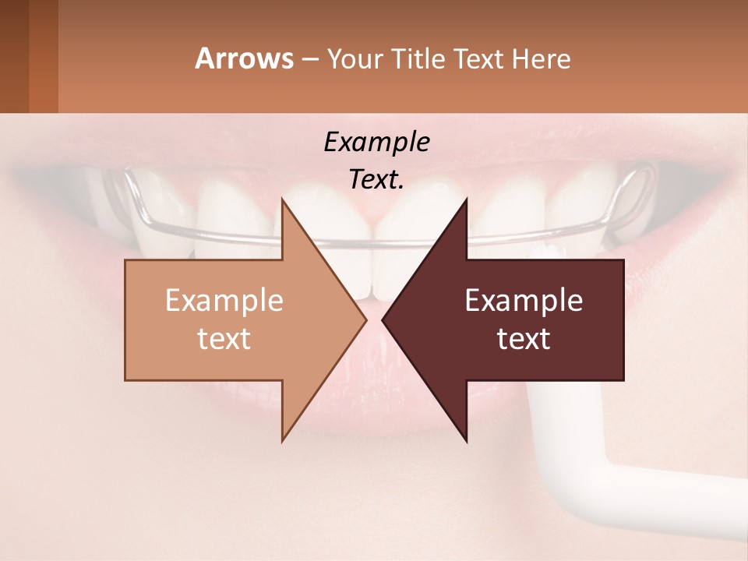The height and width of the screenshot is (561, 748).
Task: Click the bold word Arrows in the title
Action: pos(244,58)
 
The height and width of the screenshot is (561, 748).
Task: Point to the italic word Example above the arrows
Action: pos(376,143)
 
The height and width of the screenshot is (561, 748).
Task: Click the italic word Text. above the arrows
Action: pos(376,179)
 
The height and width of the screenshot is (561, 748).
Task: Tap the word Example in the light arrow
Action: pos(224,300)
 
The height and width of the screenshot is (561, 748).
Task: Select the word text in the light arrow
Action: pos(224,339)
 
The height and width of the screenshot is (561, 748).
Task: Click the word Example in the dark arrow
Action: pos(524,300)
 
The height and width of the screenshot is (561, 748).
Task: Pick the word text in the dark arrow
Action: pos(524,339)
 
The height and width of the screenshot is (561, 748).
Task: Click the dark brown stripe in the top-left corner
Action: pos(14,56)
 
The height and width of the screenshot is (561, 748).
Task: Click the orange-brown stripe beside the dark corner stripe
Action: pos(43,56)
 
